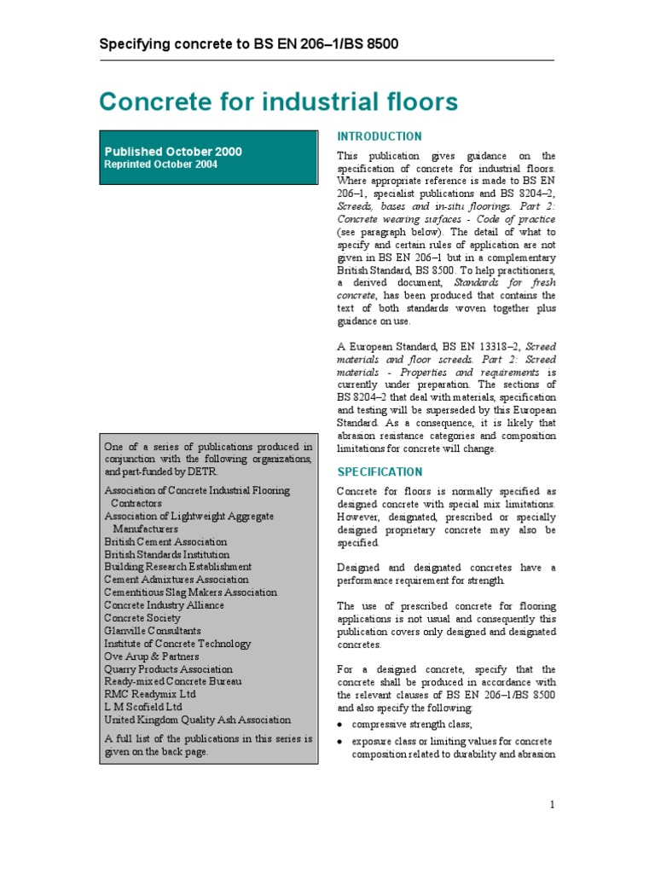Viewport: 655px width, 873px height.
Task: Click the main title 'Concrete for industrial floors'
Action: coord(278,101)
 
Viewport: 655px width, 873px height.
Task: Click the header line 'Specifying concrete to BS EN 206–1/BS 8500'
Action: coord(249,43)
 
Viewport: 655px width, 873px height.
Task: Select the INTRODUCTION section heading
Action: coord(380,136)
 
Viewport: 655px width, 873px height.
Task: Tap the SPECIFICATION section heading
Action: coord(380,471)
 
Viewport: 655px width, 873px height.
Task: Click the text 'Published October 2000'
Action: coord(173,152)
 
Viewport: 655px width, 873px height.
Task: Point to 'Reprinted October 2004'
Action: coord(160,165)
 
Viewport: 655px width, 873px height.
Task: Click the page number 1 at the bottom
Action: coord(553,805)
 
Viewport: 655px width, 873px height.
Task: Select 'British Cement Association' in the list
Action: coord(165,541)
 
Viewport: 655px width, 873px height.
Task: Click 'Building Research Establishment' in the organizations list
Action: coord(177,567)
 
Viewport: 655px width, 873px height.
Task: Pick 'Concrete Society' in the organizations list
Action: coord(142,618)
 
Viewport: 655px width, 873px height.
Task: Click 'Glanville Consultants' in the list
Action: coord(153,631)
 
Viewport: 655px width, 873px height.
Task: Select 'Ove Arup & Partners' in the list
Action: coord(151,656)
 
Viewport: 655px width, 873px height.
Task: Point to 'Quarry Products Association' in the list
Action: coord(168,669)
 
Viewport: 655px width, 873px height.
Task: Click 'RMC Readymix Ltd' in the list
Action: coord(145,695)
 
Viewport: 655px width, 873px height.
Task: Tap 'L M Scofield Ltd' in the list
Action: coord(142,708)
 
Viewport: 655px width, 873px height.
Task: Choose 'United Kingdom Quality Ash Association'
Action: coord(197,720)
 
